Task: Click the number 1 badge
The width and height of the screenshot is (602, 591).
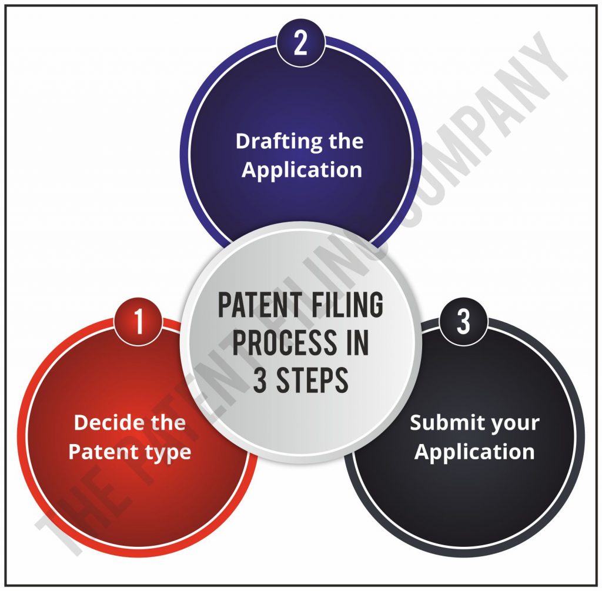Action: point(138,321)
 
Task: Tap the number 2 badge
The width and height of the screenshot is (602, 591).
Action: point(300,42)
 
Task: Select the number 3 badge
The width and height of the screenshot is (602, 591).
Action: point(463,321)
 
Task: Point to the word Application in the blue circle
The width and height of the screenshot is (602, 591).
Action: point(302,170)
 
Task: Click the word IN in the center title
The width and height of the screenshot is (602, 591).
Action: point(357,342)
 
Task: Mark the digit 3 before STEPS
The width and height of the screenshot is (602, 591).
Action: point(259,379)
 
